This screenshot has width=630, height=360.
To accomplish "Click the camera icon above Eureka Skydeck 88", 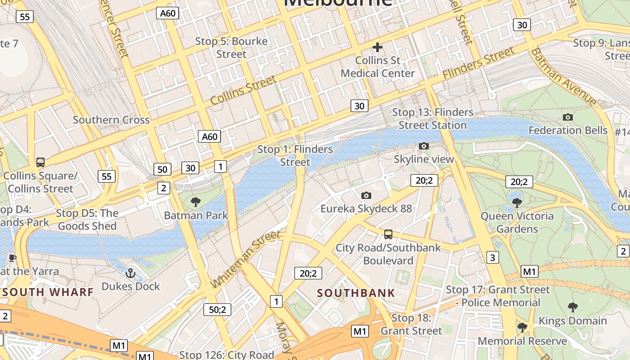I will [366, 195].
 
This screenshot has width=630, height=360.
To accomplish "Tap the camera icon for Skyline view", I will [423, 146].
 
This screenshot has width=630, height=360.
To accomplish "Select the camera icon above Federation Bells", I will [568, 117].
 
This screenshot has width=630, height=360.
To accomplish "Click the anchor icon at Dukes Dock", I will [130, 273].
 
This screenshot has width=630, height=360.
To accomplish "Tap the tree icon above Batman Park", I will [196, 202].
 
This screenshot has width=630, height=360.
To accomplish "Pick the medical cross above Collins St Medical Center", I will [378, 47].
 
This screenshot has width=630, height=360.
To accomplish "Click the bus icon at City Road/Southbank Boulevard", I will [388, 234].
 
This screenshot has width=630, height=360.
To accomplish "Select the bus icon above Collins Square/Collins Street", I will [40, 162].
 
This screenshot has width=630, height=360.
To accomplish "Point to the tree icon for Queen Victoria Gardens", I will [517, 202].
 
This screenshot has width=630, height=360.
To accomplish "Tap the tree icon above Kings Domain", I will [572, 307].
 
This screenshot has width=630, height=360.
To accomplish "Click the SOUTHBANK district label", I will [356, 293].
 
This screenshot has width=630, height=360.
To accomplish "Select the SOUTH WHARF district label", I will [48, 292].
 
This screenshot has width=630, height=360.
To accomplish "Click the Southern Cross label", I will [111, 120].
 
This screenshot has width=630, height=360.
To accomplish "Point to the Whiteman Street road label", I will [246, 259].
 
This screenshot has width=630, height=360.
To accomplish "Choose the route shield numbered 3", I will [493, 257].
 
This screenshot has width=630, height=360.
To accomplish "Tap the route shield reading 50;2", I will [217, 310].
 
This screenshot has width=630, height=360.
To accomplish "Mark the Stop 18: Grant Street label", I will [411, 324].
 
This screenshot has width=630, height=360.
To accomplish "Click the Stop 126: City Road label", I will [227, 355].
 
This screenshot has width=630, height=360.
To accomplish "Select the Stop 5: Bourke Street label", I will [231, 48].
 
